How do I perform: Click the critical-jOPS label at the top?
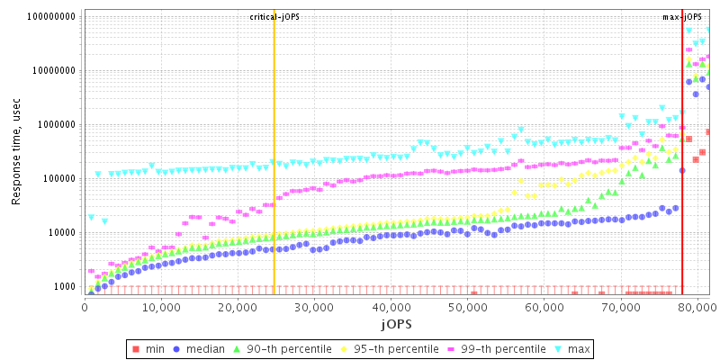click(x=274, y=17)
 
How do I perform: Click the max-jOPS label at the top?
click(x=682, y=17)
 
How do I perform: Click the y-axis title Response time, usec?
click(x=16, y=152)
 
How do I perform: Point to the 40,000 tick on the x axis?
click(x=390, y=306)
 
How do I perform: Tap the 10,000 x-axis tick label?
click(x=160, y=306)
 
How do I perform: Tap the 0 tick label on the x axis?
click(x=84, y=306)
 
